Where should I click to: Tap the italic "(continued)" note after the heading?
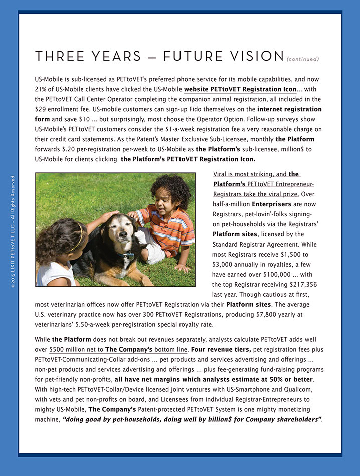coord(302,59)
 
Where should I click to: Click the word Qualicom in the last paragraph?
coord(298,389)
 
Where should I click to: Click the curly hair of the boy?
coord(170,190)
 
